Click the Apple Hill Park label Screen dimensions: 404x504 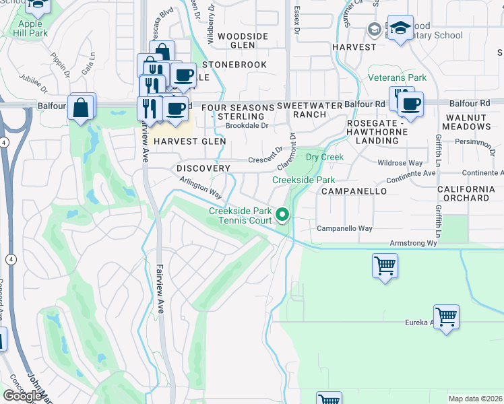coord(30,28)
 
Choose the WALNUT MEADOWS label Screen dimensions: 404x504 coord(467,122)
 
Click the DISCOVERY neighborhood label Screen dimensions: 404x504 coord(203,168)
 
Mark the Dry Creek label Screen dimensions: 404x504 coord(325,157)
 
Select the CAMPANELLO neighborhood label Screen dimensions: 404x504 coord(354,191)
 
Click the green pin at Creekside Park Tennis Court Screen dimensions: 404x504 coord(283,215)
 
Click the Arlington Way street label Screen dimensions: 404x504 coord(201,187)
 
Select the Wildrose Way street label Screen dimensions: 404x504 coord(400,163)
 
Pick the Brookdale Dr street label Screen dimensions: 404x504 coord(247,125)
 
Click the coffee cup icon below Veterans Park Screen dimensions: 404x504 coord(410,104)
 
